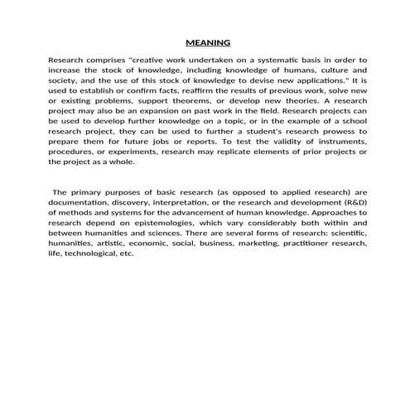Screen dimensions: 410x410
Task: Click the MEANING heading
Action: pyautogui.click(x=208, y=42)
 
